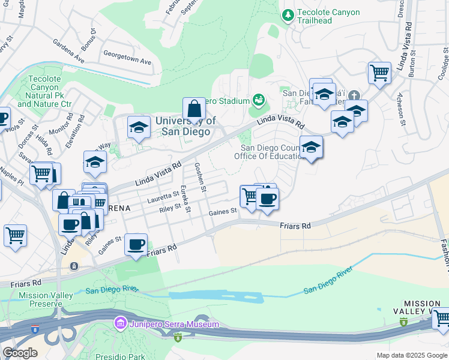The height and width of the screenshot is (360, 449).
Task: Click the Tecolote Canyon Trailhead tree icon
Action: click(289, 14)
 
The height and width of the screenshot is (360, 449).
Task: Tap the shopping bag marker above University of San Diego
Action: click(194, 110)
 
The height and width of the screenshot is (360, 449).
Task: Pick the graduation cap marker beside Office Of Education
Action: click(312, 148)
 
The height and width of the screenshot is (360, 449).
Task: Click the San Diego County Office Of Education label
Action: click(270, 152)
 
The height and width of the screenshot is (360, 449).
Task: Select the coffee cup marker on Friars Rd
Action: click(136, 245)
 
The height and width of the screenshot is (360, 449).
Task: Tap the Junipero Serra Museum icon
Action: click(119, 325)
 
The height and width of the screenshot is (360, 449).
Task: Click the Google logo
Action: click(20, 353)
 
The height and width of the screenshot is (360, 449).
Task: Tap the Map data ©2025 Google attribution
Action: click(411, 355)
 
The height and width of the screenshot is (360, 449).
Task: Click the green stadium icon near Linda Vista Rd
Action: click(259, 99)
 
